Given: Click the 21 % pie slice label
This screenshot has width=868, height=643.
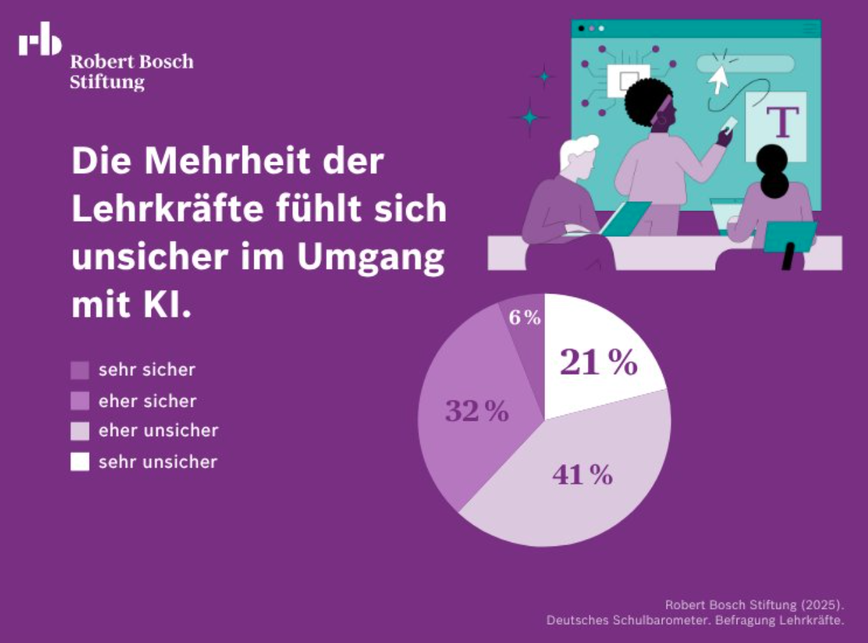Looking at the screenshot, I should click(599, 363).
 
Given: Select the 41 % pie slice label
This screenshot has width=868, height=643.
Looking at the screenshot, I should click(582, 475).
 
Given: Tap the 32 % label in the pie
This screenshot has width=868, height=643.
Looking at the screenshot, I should click(477, 412).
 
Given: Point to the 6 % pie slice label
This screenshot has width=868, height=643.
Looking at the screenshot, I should click(525, 318).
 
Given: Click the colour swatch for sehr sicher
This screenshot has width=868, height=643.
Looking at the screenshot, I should click(80, 370).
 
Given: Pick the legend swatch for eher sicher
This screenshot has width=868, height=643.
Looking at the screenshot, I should click(80, 401).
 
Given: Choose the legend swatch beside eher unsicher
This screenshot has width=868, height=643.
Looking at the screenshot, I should click(80, 431).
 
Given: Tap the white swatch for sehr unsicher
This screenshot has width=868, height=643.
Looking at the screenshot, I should click(80, 462).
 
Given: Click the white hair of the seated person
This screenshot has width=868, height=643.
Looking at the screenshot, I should click(578, 150).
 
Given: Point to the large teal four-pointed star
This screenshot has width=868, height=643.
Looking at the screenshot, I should click(530, 117).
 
